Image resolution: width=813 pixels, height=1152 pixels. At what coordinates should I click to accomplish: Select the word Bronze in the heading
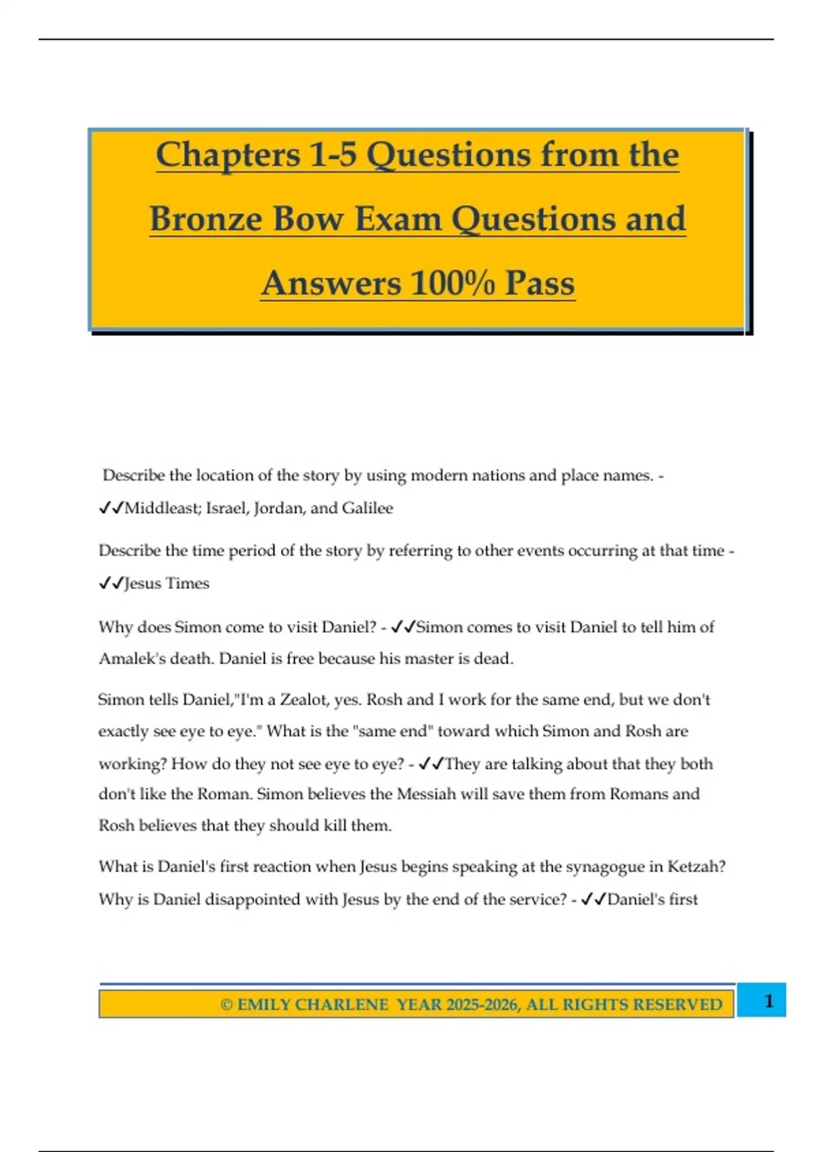click(x=206, y=219)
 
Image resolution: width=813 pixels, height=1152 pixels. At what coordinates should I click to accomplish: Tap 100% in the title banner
click(x=453, y=283)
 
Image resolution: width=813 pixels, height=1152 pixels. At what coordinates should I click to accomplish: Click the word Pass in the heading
click(x=539, y=283)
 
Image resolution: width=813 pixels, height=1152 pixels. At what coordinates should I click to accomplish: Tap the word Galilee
click(x=367, y=508)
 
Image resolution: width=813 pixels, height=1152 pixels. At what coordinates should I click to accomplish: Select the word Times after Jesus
click(x=188, y=583)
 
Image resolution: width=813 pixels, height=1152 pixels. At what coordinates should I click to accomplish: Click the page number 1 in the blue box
click(x=768, y=1001)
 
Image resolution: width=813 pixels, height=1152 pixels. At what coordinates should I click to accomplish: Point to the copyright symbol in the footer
click(x=227, y=1004)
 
